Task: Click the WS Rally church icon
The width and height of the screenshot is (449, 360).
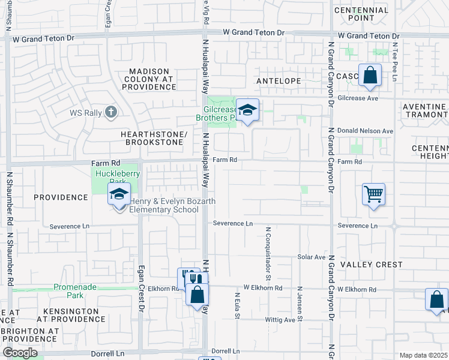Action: click(x=110, y=112)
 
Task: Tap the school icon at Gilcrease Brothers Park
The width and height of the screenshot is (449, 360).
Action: click(x=247, y=110)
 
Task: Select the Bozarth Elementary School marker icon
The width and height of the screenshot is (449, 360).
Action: click(x=119, y=194)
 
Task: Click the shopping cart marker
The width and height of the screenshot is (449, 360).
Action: click(x=373, y=194)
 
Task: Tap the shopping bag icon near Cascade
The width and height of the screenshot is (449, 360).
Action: click(x=370, y=76)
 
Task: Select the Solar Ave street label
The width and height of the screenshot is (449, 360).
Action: click(x=311, y=257)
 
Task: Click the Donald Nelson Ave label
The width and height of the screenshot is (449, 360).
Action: click(x=364, y=131)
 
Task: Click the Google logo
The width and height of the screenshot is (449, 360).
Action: click(x=20, y=353)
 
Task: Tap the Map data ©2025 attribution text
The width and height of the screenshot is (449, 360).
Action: click(x=424, y=355)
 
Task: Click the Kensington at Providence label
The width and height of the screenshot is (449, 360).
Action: click(x=71, y=316)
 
